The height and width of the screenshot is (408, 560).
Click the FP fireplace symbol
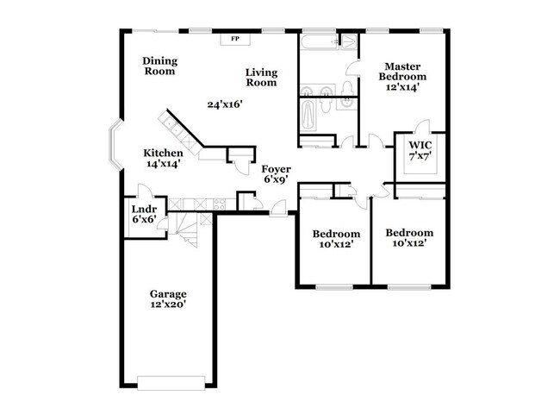point(234,39)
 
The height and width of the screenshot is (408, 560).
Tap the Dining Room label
point(159,66)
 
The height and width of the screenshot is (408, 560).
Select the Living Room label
point(261,78)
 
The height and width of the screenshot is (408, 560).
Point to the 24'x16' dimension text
point(225,104)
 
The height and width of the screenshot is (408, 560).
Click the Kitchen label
point(163,154)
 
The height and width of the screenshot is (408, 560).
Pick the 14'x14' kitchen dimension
point(163,164)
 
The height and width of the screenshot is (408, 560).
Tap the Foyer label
point(276,169)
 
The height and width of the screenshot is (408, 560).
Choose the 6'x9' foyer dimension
point(276,180)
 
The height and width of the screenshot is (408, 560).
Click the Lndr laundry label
point(143,210)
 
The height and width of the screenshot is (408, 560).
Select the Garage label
point(167,294)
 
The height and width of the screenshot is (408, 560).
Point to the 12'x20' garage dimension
point(167,304)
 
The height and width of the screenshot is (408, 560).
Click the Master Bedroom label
point(402,72)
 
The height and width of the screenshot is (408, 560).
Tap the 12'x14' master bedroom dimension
point(402,87)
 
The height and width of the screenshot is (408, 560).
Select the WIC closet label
point(420,145)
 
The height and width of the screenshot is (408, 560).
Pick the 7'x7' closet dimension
point(420,156)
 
